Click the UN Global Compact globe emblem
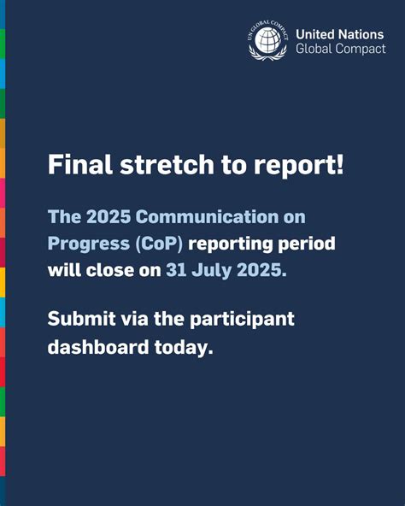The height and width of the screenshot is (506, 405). [x=268, y=40]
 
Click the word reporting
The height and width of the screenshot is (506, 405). [x=233, y=245]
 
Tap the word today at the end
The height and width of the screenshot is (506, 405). [x=182, y=348]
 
